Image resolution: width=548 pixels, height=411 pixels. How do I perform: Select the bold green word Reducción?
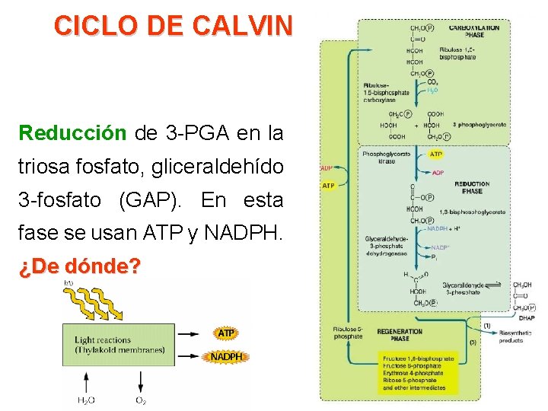click(x=73, y=134)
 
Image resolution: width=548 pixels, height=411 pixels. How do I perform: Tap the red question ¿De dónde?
click(x=80, y=267)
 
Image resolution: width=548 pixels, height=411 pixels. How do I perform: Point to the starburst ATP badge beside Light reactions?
click(x=226, y=333)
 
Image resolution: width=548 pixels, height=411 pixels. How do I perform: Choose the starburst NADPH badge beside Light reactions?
click(x=226, y=356)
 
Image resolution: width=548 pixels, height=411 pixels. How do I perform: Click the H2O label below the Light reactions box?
click(x=87, y=400)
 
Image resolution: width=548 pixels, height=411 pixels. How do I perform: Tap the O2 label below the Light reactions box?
click(x=142, y=400)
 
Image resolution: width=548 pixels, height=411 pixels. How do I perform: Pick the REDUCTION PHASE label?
click(x=472, y=187)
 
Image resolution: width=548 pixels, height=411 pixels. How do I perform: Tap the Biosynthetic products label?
click(x=517, y=337)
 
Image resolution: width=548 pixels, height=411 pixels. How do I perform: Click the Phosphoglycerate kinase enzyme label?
click(x=385, y=158)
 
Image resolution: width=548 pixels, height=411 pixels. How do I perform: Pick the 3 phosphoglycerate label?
click(x=479, y=124)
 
